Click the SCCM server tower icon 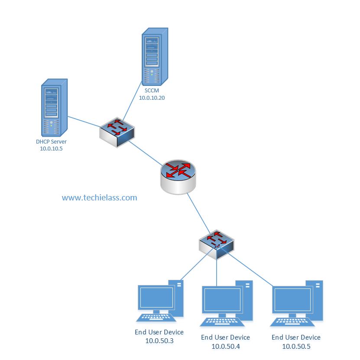coord(155,56)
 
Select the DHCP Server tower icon coord(54,108)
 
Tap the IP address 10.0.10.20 coord(152,98)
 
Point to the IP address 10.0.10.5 coord(51,149)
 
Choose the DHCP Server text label coord(51,141)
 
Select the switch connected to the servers coord(117,131)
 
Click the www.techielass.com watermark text coord(100,198)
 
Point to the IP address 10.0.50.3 coord(159,341)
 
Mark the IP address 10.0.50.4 coord(225,346)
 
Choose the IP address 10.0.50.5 coord(296,346)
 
